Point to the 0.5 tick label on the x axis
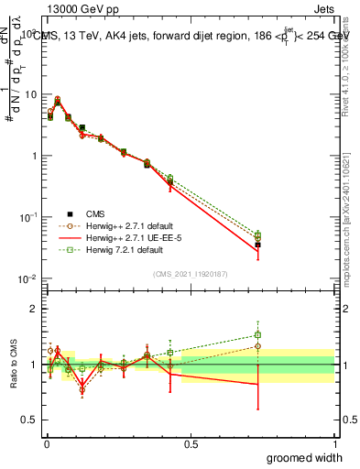click(191, 445)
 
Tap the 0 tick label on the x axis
click(47, 445)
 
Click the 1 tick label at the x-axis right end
click(335, 445)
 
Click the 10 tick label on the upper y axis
click(29, 94)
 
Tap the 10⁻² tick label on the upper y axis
click(27, 278)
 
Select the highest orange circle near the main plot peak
click(59, 99)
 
